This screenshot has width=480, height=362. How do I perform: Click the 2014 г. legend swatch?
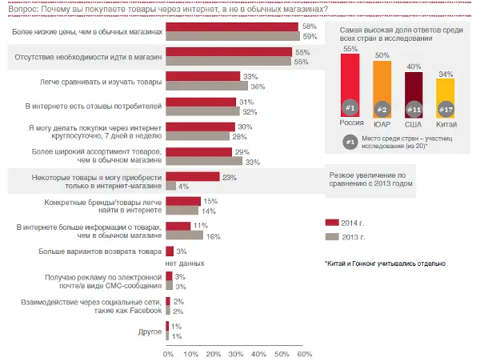pyautogui.click(x=331, y=222)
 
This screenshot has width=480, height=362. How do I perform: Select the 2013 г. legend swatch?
pyautogui.click(x=331, y=237)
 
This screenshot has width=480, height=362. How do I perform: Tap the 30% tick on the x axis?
pyautogui.click(x=235, y=353)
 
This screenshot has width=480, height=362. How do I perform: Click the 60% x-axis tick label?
pyautogui.click(x=304, y=353)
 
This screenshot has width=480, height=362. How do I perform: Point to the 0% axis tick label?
pyautogui.click(x=167, y=353)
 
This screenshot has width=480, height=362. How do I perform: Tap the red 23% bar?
pyautogui.click(x=192, y=177)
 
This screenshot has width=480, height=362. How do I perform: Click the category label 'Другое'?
pyautogui.click(x=150, y=331)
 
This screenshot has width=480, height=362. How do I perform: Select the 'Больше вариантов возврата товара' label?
pyautogui.click(x=99, y=251)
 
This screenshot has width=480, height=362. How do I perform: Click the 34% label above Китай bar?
pyautogui.click(x=446, y=74)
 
